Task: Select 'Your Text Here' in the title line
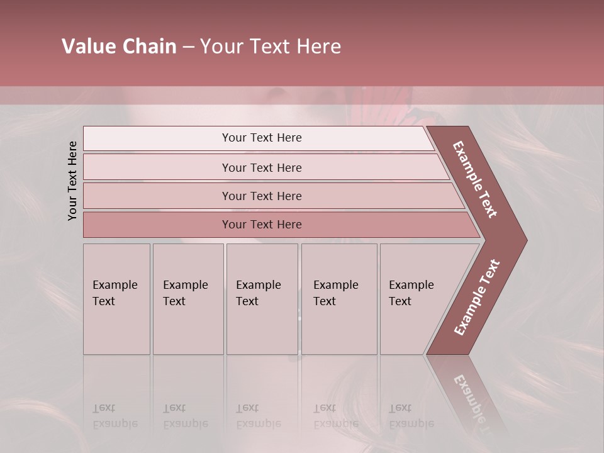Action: click(271, 47)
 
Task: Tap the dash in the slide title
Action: click(188, 47)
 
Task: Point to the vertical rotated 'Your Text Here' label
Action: click(72, 181)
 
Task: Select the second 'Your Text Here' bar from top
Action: click(262, 167)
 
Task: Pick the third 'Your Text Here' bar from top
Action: click(262, 196)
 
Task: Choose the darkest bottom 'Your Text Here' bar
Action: click(262, 225)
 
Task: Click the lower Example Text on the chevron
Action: click(478, 297)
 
